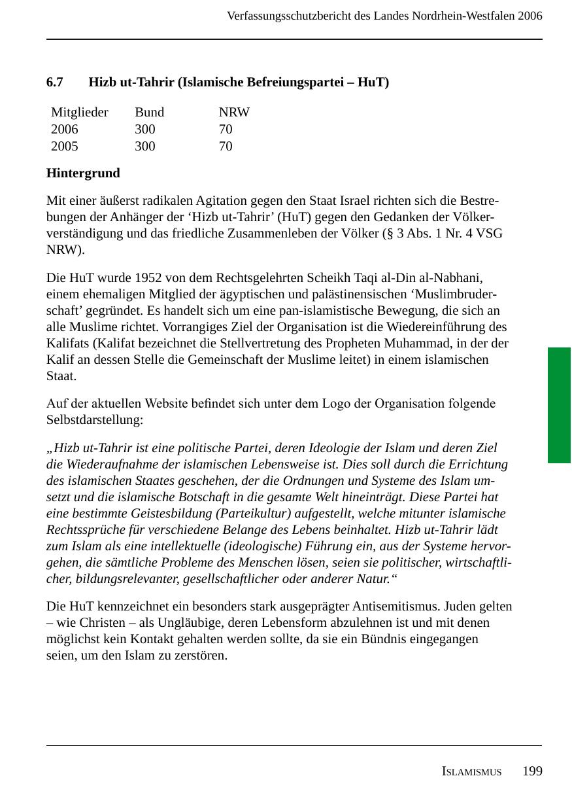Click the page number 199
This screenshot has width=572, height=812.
coord(532,771)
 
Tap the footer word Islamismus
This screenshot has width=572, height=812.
coord(471,772)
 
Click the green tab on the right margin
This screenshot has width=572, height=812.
coord(559,405)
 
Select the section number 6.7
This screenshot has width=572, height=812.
coord(55,82)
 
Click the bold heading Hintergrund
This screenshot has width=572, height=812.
coord(83,173)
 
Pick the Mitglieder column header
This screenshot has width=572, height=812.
coord(79,113)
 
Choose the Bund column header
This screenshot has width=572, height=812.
coord(149,113)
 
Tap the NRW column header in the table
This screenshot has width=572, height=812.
coord(234,113)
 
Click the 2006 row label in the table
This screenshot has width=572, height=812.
coord(65,130)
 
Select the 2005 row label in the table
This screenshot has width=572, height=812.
coord(65,147)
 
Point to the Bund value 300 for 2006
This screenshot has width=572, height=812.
coord(145,130)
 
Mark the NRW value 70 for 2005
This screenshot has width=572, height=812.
coord(226,147)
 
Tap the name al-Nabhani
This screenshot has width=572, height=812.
coord(455,277)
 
